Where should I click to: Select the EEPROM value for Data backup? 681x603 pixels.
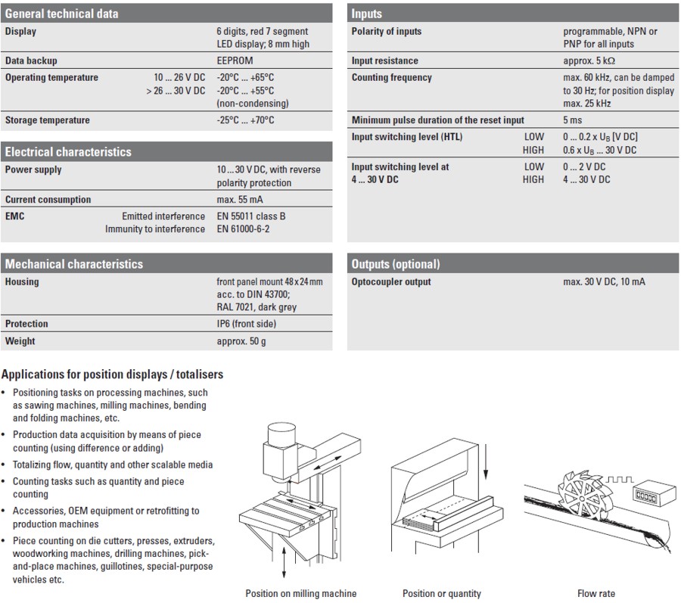click(235, 61)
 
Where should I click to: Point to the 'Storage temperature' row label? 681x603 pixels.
click(47, 120)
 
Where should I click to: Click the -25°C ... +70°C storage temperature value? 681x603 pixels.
click(245, 120)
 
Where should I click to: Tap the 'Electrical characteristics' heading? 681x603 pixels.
click(68, 152)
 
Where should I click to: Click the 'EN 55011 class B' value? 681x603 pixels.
click(251, 216)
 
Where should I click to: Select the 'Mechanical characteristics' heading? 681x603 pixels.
click(74, 264)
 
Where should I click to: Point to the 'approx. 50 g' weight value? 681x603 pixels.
click(241, 341)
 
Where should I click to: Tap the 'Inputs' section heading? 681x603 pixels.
click(367, 13)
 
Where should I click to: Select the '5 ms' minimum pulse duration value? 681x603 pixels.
click(573, 120)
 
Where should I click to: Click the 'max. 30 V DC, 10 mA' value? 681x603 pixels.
click(605, 282)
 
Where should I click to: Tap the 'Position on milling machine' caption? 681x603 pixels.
click(301, 594)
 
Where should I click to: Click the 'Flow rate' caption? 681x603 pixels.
click(596, 594)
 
